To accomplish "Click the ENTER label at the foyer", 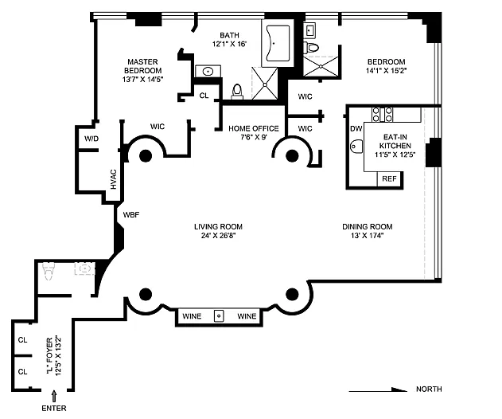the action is point(54,408).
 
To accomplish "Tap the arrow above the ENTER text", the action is point(54,396).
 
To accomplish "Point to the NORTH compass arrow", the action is point(378,390).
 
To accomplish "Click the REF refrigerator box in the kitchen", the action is point(389,179).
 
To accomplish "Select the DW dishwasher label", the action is point(356,129).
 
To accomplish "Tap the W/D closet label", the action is point(91,139).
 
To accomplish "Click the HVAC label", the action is point(113,179).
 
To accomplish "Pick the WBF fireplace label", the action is point(131,215).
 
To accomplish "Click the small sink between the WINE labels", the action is point(219,315).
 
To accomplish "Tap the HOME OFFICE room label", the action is point(254,128).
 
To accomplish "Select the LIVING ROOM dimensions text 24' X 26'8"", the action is point(218,236).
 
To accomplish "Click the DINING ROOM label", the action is point(368,227).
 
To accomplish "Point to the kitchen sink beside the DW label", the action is point(356,147).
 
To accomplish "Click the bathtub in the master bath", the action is point(278,43).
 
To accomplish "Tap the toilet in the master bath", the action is point(237,91).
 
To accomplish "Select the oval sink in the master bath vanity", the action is point(208,71).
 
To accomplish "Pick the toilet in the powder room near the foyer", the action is point(49,271).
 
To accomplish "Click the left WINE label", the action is point(192,316).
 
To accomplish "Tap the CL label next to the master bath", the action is point(204,96).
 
